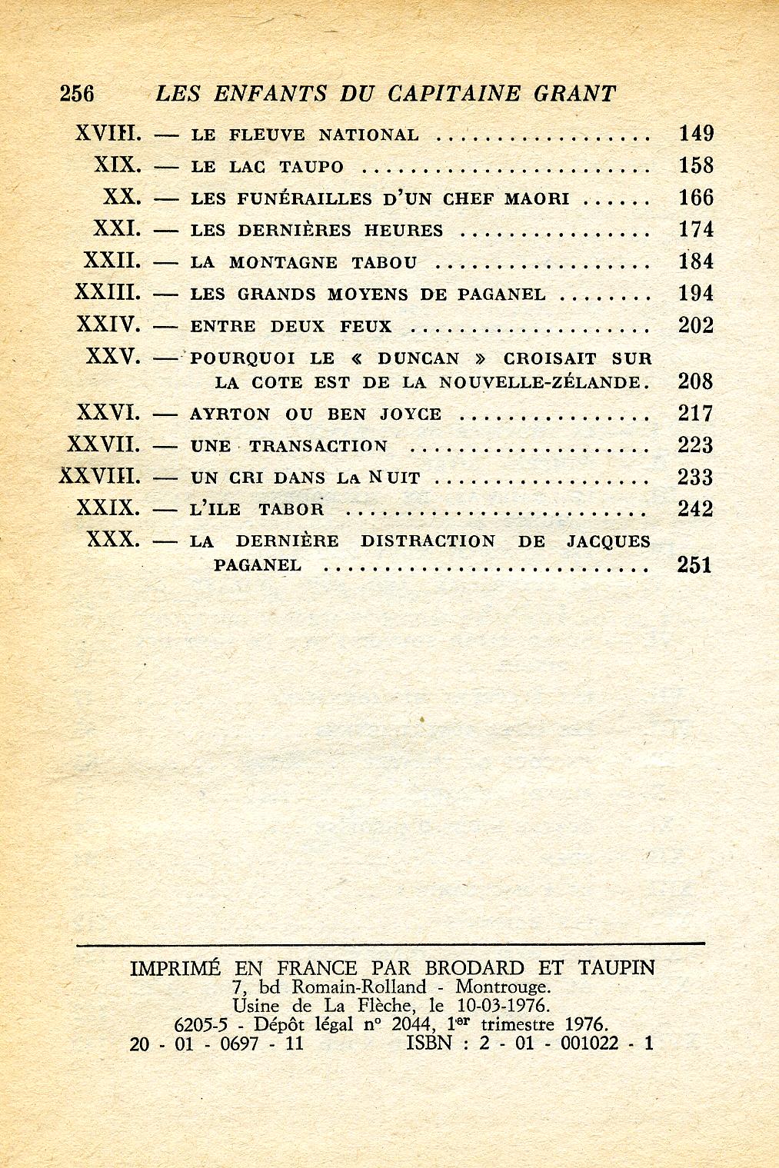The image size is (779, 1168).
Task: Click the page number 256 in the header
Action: [76, 93]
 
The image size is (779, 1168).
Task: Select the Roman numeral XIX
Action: [118, 166]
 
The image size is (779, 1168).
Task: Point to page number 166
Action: [696, 198]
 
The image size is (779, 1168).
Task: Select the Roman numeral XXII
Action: [112, 261]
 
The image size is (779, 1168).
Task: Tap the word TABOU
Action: [385, 262]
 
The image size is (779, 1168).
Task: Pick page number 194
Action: [696, 293]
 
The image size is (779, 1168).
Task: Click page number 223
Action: [696, 445]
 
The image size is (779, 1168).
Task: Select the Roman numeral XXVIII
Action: [101, 477]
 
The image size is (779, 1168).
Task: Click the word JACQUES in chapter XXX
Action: [608, 541]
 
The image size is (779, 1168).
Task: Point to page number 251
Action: [694, 565]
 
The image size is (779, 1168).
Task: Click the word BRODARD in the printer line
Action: [474, 967]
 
